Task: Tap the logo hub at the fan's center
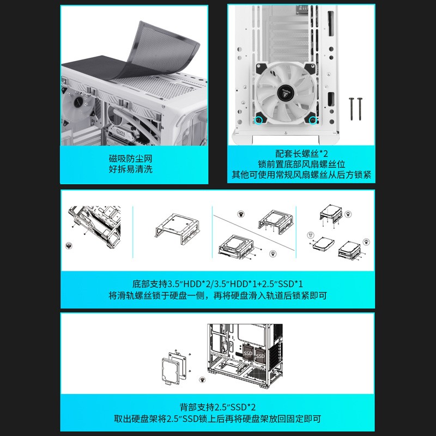point(286,92)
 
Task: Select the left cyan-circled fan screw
point(258,120)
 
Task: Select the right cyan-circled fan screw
point(313,120)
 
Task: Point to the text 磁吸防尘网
point(130,159)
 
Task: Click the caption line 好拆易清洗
point(130,169)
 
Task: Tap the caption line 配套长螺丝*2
point(301,153)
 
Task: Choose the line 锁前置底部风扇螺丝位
point(301,164)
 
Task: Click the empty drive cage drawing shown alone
point(177,229)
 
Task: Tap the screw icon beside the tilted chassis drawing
point(69,246)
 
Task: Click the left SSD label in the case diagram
point(247,353)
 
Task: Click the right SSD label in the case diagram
point(261,356)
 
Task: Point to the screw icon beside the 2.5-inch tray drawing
point(202,380)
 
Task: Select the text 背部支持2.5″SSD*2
point(217,407)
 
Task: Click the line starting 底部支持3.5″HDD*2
point(217,284)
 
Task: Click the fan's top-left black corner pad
point(262,68)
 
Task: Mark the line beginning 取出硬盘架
point(217,419)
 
